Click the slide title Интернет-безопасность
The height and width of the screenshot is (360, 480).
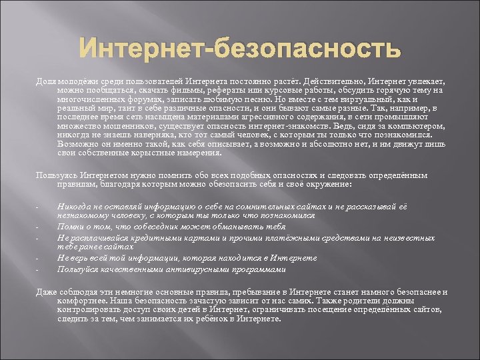pos(240,49)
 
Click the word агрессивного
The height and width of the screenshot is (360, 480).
pos(235,116)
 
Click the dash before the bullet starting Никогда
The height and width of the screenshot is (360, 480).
pos(37,207)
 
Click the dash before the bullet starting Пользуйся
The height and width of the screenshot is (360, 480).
pos(37,269)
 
